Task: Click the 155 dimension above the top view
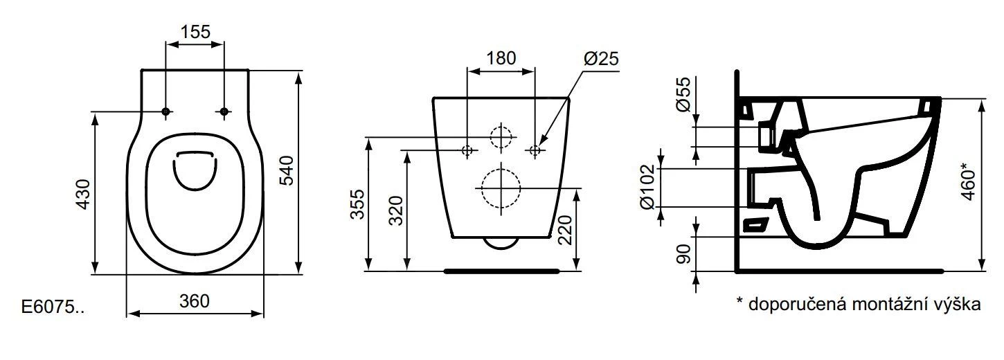195,31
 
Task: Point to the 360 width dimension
194,301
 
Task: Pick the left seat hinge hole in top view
165,111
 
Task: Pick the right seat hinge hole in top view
224,111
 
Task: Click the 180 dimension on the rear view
501,58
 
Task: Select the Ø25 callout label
600,60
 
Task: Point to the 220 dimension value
564,229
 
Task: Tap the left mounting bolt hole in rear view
467,150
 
